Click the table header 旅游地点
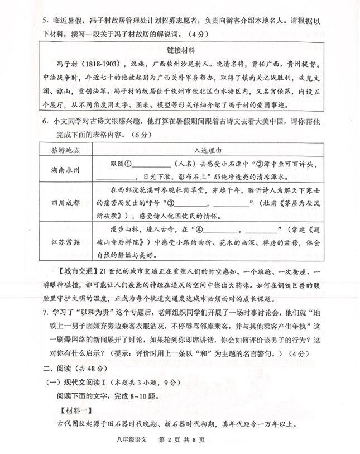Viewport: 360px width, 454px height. pos(65,150)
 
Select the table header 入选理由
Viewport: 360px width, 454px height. pos(208,150)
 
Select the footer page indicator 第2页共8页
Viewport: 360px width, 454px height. pos(182,438)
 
